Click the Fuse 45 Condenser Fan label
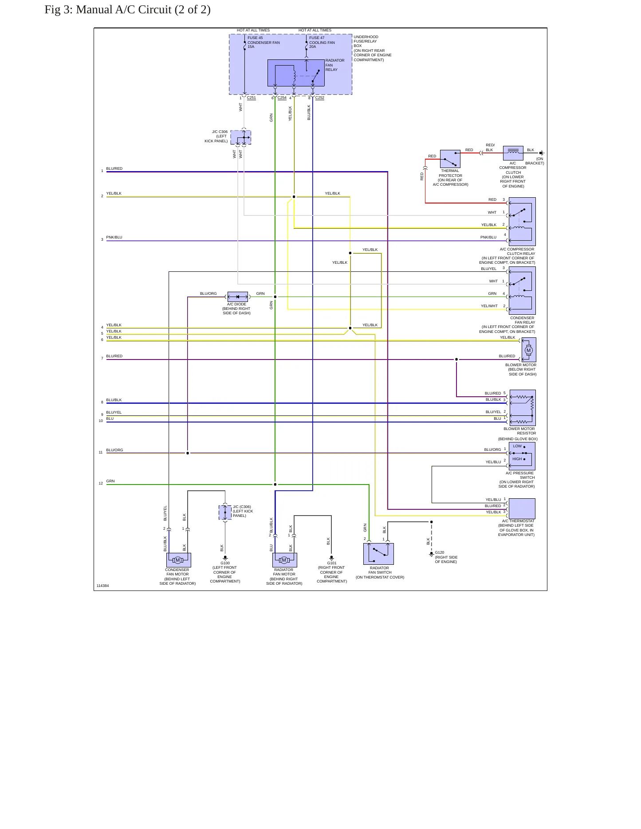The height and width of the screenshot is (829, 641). click(x=263, y=42)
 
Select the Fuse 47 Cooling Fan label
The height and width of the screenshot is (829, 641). click(x=322, y=42)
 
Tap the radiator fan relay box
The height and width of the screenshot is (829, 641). click(x=296, y=73)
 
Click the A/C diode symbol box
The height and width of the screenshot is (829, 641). click(x=237, y=297)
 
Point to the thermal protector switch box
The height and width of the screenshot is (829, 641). click(x=450, y=159)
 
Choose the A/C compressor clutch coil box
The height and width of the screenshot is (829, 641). click(x=513, y=153)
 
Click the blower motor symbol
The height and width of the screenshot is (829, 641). click(x=528, y=350)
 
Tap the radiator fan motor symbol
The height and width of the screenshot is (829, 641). click(x=285, y=560)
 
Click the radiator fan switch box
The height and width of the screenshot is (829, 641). click(x=378, y=554)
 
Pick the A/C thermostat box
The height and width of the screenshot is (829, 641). click(x=522, y=508)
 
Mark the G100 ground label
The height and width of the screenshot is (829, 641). click(x=225, y=563)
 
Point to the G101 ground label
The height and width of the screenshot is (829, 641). click(x=332, y=563)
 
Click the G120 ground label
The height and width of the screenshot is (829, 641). click(x=440, y=553)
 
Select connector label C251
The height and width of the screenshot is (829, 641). click(x=251, y=98)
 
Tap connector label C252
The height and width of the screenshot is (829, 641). click(x=320, y=98)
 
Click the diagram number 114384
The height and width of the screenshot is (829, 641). click(x=102, y=586)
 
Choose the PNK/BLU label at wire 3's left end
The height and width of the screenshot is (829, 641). click(x=114, y=237)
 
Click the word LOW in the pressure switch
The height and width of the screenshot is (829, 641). click(x=517, y=446)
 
